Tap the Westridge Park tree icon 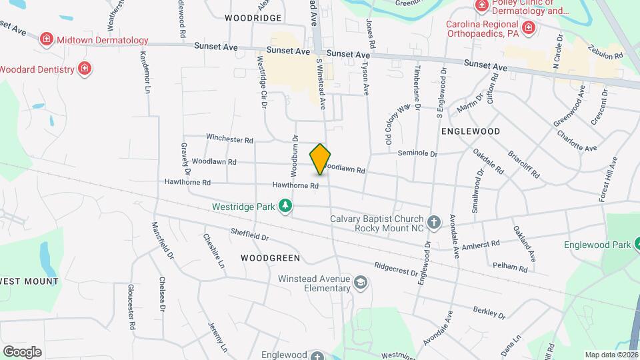286,206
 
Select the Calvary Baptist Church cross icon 434,222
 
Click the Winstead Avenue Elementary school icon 361,283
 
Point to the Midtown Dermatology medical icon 46,39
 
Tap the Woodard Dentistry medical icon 85,68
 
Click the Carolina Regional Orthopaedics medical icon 529,27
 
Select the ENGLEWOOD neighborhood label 471,131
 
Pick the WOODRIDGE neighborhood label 253,17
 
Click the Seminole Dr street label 417,153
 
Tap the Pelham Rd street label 510,267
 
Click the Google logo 22,351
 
